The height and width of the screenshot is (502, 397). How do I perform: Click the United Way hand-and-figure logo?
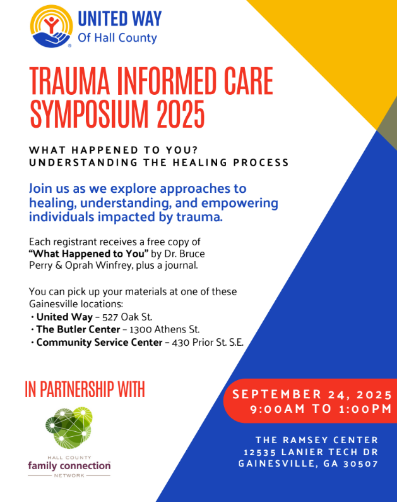coord(52,27)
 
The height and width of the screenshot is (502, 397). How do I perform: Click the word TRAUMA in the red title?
coord(69,81)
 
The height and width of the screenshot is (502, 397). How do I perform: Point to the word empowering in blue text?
coord(239,204)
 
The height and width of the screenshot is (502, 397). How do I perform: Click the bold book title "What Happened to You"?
coord(88,254)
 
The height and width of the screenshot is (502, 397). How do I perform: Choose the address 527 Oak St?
coord(127,317)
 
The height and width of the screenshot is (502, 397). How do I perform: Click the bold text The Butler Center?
coord(78,329)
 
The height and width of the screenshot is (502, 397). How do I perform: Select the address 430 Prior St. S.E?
coord(208,343)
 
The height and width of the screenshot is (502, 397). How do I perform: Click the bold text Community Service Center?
coord(100,342)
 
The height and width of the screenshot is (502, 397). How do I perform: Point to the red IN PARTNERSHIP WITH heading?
coord(85,389)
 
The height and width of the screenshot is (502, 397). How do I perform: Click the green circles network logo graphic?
coord(69,428)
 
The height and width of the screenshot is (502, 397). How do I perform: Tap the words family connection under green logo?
coord(69,465)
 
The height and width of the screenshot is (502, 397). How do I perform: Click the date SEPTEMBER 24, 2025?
coord(312,395)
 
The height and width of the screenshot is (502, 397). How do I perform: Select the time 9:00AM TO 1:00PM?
coord(321,409)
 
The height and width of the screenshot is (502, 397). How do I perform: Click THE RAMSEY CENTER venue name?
coord(317,440)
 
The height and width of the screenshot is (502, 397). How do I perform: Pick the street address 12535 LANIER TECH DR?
coord(311,452)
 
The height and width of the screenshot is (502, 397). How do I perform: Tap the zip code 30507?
coord(361,464)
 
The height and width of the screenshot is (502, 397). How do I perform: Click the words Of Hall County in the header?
coord(117,38)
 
